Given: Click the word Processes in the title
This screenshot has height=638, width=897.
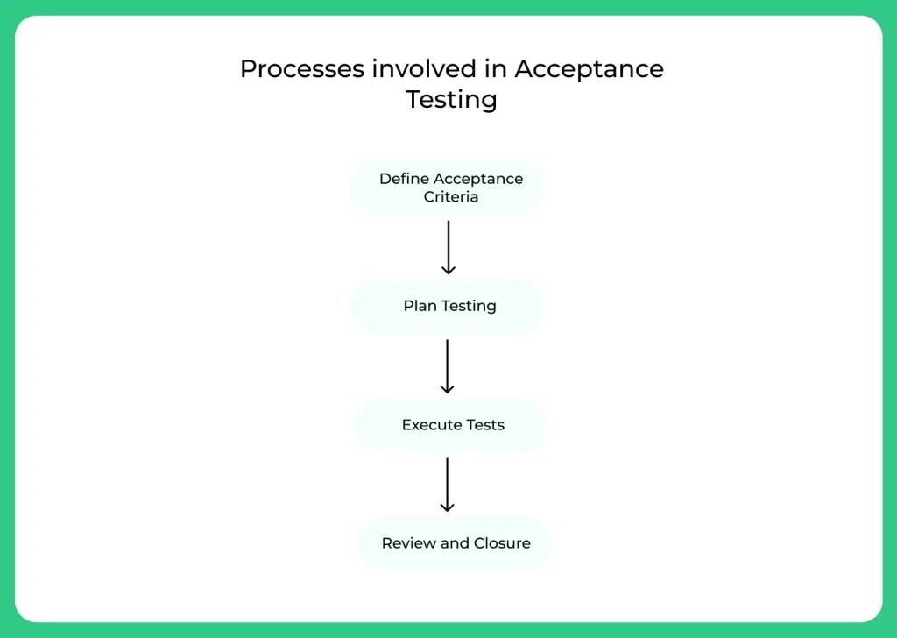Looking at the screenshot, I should click(295, 69).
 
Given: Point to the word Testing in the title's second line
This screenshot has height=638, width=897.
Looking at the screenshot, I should click(451, 100).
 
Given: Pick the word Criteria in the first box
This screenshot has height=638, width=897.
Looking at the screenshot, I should click(451, 197).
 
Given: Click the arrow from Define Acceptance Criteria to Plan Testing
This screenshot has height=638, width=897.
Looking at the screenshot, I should click(448, 247).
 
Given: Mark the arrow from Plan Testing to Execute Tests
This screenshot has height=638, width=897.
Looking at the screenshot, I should click(448, 366).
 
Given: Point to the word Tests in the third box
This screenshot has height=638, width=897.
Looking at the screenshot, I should click(485, 425).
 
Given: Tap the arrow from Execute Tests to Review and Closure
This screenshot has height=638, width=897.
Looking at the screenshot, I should click(448, 485).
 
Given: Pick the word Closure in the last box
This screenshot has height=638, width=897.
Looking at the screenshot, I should click(501, 543).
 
